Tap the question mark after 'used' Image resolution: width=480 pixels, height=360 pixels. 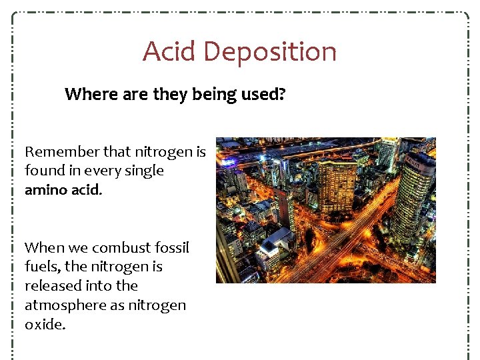click(282, 95)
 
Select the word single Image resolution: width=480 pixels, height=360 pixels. click(144, 171)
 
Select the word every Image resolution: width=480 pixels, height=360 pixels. click(101, 171)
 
